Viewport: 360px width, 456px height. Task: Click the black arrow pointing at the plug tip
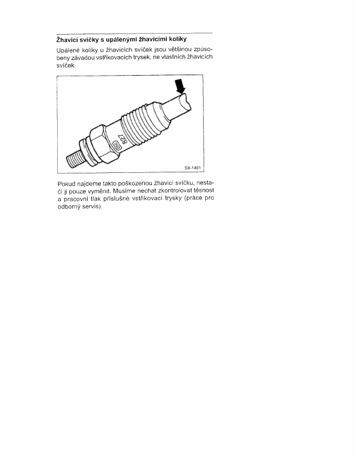(180, 86)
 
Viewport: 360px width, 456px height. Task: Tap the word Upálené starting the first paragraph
(67, 50)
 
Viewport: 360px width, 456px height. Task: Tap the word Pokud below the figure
(66, 184)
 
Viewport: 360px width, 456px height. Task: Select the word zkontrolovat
(167, 191)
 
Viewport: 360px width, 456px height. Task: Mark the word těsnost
(201, 191)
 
